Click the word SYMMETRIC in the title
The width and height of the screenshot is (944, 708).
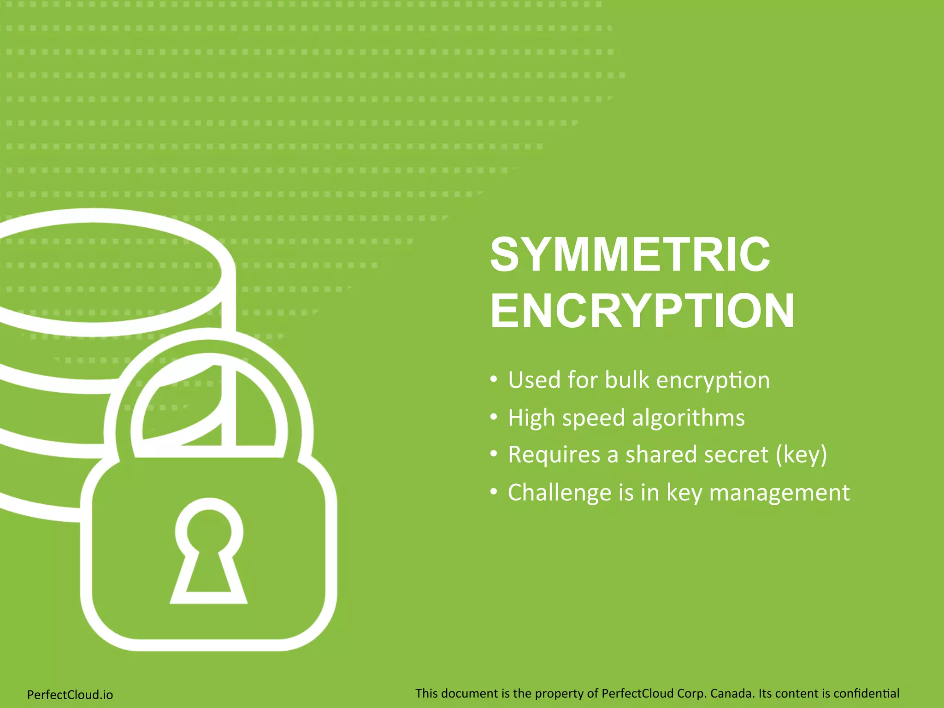coord(630,254)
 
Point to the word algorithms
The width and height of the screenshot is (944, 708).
coord(688,418)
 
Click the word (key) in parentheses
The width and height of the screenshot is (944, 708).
coord(802,455)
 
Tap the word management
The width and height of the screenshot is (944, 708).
coord(779,493)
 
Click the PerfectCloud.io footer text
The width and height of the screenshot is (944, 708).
coord(70,695)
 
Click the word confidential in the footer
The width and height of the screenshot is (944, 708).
coord(867,693)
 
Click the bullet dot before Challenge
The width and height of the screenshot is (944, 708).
coord(494,492)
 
